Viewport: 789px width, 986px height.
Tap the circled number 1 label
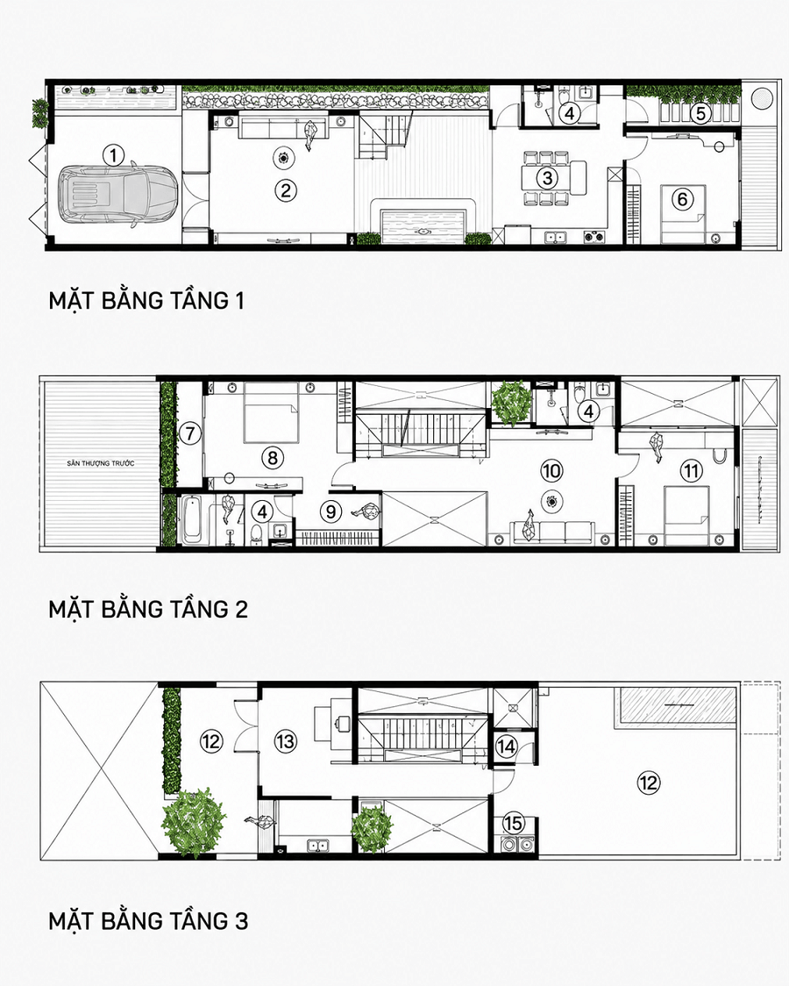coord(113,155)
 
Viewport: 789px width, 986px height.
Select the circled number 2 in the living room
coord(286,189)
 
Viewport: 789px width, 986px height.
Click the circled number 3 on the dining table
coord(547,179)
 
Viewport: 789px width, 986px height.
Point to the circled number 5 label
coord(701,114)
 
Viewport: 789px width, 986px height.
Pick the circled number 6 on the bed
coord(682,199)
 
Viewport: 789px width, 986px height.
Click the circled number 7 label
coord(189,432)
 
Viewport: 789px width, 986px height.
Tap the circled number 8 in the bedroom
coord(273,457)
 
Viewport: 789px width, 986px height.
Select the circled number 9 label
coord(331,511)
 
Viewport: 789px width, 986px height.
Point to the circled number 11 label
coord(691,470)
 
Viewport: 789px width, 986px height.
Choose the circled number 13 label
coord(285,742)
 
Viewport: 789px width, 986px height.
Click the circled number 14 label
coord(507,747)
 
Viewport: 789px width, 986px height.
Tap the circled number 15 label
coord(513,823)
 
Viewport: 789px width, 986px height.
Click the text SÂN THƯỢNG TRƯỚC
coord(101,463)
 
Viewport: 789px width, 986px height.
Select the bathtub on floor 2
coord(192,520)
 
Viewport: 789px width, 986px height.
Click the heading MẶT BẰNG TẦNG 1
coord(146,301)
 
